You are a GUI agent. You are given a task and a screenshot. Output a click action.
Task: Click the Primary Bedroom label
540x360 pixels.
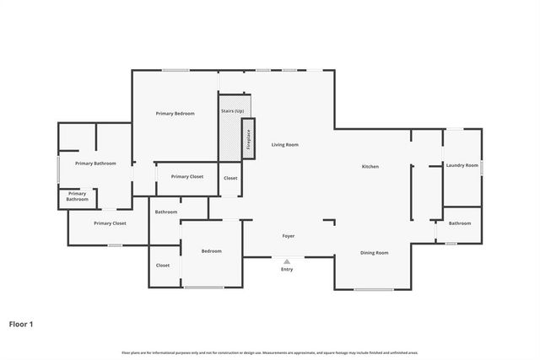[x=175, y=113]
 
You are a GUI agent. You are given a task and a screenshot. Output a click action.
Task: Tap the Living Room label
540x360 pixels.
[x=284, y=145]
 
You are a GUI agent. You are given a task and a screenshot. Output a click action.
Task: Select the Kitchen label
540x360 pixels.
[x=370, y=167]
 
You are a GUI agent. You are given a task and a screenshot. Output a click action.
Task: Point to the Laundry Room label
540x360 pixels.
[x=462, y=165]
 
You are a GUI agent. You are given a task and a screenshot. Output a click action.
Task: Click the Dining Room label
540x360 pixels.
[x=374, y=253]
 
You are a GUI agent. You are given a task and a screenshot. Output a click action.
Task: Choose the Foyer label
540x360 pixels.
[x=288, y=236]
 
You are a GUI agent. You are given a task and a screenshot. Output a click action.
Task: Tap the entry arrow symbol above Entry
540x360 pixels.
[x=287, y=261]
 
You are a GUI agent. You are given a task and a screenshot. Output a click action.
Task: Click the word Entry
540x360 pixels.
[x=287, y=270]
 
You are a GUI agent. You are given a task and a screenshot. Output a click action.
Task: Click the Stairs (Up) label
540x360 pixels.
[x=232, y=111]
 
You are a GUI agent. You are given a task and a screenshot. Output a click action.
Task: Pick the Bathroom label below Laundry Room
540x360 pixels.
[x=459, y=223]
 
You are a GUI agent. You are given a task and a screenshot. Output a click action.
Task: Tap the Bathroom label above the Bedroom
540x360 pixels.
[x=165, y=212]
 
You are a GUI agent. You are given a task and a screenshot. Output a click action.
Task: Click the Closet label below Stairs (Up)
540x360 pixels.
[x=230, y=178]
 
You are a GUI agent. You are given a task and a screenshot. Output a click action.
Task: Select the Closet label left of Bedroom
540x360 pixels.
[x=163, y=266]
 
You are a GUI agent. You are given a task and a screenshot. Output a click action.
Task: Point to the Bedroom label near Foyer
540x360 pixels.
[x=211, y=251]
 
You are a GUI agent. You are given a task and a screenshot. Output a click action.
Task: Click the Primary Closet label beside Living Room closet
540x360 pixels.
[x=186, y=177]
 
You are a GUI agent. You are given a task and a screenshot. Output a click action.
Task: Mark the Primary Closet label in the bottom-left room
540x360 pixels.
[x=110, y=223]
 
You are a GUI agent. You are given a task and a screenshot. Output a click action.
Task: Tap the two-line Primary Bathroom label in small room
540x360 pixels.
[x=77, y=196]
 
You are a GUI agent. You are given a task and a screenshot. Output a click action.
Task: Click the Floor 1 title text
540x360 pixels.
[x=21, y=323]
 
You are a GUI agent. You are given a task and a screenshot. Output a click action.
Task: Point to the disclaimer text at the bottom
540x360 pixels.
[x=269, y=352]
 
